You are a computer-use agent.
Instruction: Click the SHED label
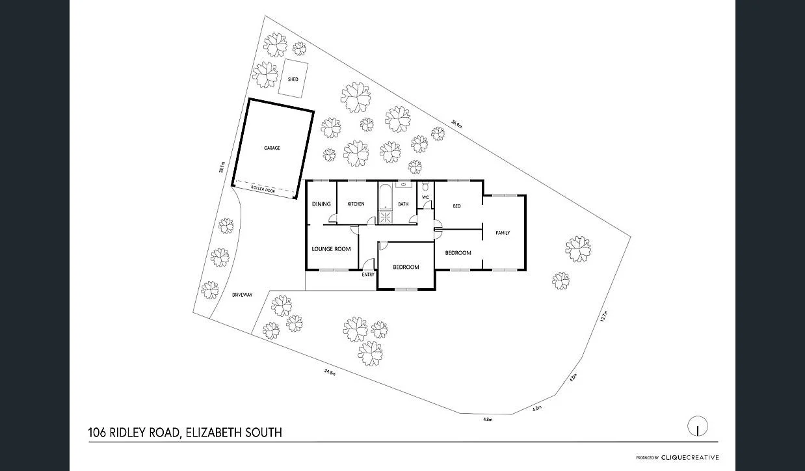point(293,79)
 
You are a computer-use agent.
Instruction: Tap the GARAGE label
point(272,148)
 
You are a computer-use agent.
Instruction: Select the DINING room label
point(321,204)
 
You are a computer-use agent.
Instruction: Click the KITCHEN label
point(356,204)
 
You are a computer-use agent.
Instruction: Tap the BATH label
point(403,204)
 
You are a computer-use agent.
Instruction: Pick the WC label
point(426,197)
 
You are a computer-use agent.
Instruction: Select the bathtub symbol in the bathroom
point(384,195)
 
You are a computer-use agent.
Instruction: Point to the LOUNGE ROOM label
point(331,249)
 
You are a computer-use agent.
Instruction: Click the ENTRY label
point(368,275)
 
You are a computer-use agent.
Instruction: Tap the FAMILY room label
point(503,232)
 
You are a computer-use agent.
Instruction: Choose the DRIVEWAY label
point(242,295)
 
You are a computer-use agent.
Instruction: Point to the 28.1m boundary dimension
point(222,167)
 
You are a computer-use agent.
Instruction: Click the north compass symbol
point(698,427)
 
